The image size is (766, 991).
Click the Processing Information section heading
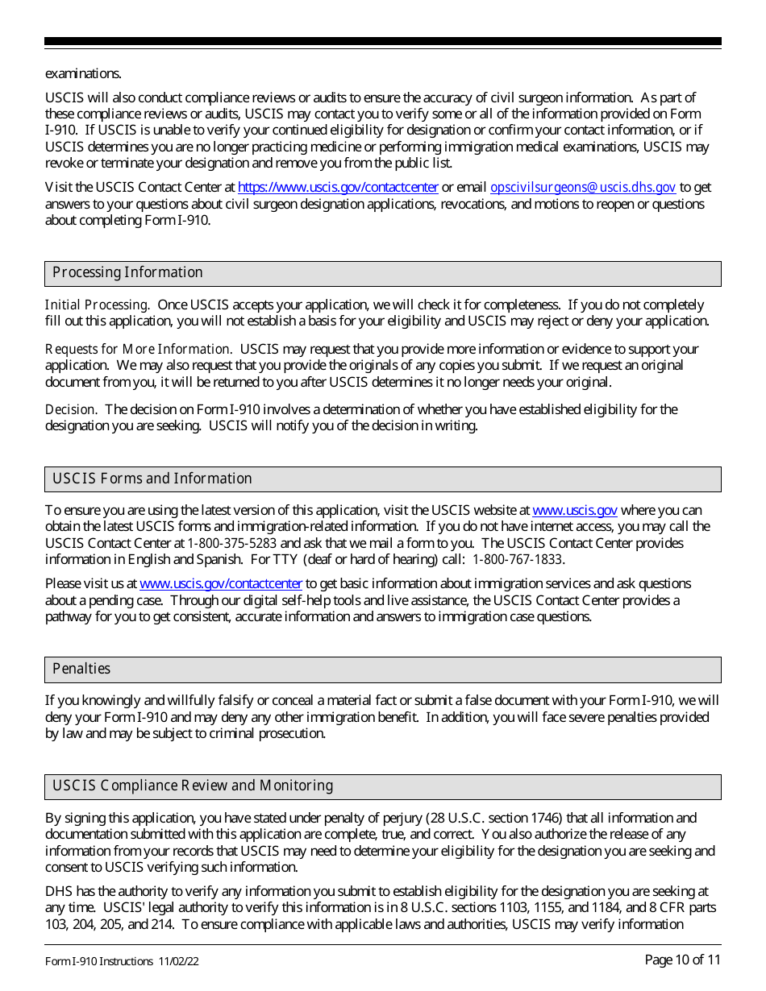[x=127, y=272]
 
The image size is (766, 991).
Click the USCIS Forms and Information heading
[x=152, y=479]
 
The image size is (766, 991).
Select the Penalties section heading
[x=81, y=669]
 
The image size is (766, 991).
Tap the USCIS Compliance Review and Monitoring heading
[x=193, y=786]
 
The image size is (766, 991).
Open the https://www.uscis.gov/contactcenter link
[x=338, y=187]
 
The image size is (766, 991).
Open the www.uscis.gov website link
[x=575, y=510]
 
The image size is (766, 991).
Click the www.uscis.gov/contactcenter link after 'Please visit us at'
[x=221, y=583]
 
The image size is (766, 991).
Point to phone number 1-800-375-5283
[x=232, y=543]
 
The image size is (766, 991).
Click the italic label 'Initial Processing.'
[x=97, y=305]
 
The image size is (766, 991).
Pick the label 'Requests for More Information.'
[x=138, y=349]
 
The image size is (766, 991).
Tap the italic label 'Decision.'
[x=71, y=409]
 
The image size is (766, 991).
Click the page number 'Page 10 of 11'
[x=682, y=960]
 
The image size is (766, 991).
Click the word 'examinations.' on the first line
[x=83, y=73]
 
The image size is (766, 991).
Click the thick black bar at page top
[x=383, y=41]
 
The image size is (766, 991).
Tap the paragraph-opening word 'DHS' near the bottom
[x=58, y=891]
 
